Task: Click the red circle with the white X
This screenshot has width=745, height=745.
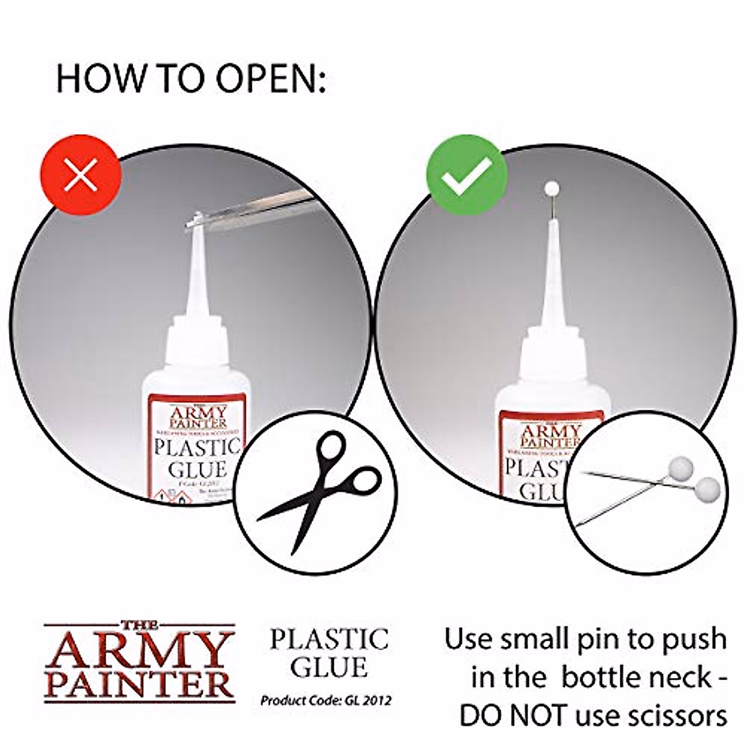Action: [x=81, y=177]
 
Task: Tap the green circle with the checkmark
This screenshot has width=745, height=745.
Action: [x=466, y=175]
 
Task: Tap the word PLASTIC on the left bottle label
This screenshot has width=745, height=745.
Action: [x=197, y=448]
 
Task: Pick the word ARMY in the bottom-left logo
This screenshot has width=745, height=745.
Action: [x=139, y=651]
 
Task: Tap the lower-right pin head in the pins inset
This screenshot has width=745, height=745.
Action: [x=708, y=487]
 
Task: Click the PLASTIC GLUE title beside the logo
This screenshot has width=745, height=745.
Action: [x=329, y=653]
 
